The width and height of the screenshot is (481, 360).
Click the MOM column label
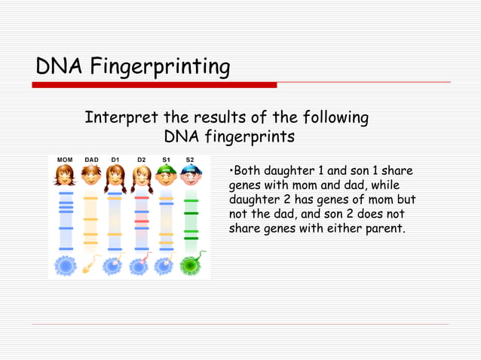(65, 160)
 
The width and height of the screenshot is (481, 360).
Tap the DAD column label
(91, 160)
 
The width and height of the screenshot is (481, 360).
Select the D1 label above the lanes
(115, 160)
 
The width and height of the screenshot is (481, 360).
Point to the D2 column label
(142, 160)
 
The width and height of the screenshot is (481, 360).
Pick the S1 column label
(166, 160)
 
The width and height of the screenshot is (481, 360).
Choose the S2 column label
(190, 160)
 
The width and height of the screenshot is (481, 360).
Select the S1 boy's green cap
(166, 169)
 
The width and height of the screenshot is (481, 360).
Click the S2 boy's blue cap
(191, 169)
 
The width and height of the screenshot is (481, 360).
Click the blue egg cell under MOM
(65, 264)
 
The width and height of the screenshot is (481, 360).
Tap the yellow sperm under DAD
(91, 264)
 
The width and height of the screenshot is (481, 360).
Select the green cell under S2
(191, 265)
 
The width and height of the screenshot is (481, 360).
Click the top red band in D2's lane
(142, 197)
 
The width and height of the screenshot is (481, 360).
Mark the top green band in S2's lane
(191, 201)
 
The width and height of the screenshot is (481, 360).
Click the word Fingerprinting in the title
(160, 68)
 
